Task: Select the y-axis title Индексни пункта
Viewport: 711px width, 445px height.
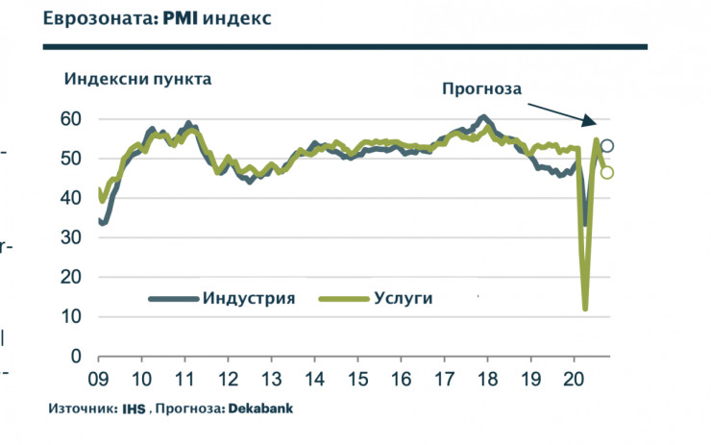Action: tap(138, 79)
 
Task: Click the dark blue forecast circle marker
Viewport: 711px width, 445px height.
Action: tap(607, 146)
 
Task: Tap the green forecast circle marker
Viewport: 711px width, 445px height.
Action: tap(607, 173)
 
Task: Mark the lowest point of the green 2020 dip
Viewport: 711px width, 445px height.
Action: tap(585, 309)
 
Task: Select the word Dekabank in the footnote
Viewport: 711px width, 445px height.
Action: tap(259, 408)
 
